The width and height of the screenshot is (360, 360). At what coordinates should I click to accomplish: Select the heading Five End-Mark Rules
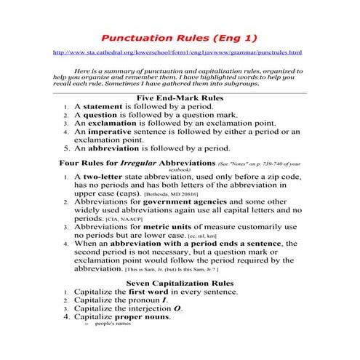pyautogui.click(x=180, y=97)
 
